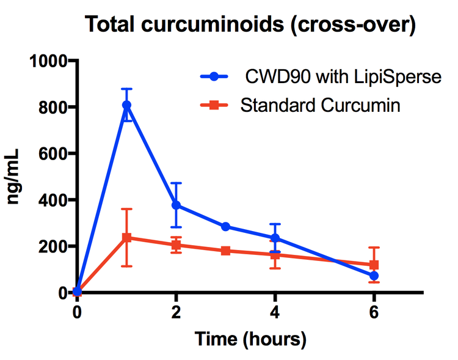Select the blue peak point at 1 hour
(x=126, y=105)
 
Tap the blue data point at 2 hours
(x=176, y=205)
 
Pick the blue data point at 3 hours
(x=225, y=227)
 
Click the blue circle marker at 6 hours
(x=374, y=276)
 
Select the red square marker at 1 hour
(x=126, y=238)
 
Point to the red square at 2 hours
(x=176, y=245)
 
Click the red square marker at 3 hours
(x=225, y=251)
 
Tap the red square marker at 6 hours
(x=374, y=265)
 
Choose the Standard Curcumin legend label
(x=321, y=106)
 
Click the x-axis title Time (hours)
(x=250, y=338)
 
